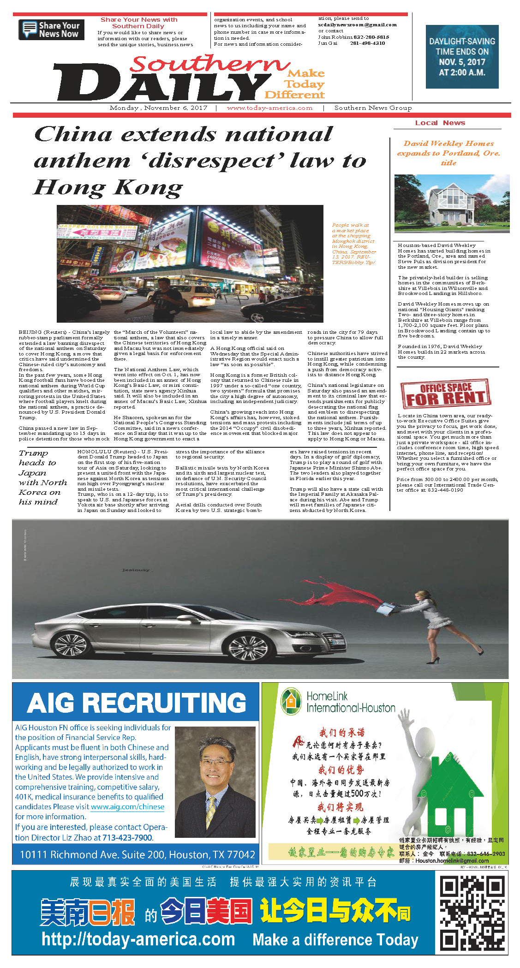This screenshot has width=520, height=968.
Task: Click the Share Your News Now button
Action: [51, 30]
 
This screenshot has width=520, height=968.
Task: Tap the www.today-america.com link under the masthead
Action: [269, 108]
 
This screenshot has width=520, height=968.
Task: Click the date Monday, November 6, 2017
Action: [158, 108]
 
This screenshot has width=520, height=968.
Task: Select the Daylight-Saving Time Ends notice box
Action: [462, 57]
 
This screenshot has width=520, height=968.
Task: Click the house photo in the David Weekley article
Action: [452, 204]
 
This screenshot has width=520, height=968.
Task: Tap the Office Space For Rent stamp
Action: [445, 394]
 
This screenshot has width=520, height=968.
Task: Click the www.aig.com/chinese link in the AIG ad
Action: [127, 807]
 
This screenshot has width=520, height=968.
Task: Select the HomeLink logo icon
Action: [291, 702]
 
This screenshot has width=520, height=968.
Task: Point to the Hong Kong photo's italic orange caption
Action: [354, 244]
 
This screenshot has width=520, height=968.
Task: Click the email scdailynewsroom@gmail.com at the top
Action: [357, 25]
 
